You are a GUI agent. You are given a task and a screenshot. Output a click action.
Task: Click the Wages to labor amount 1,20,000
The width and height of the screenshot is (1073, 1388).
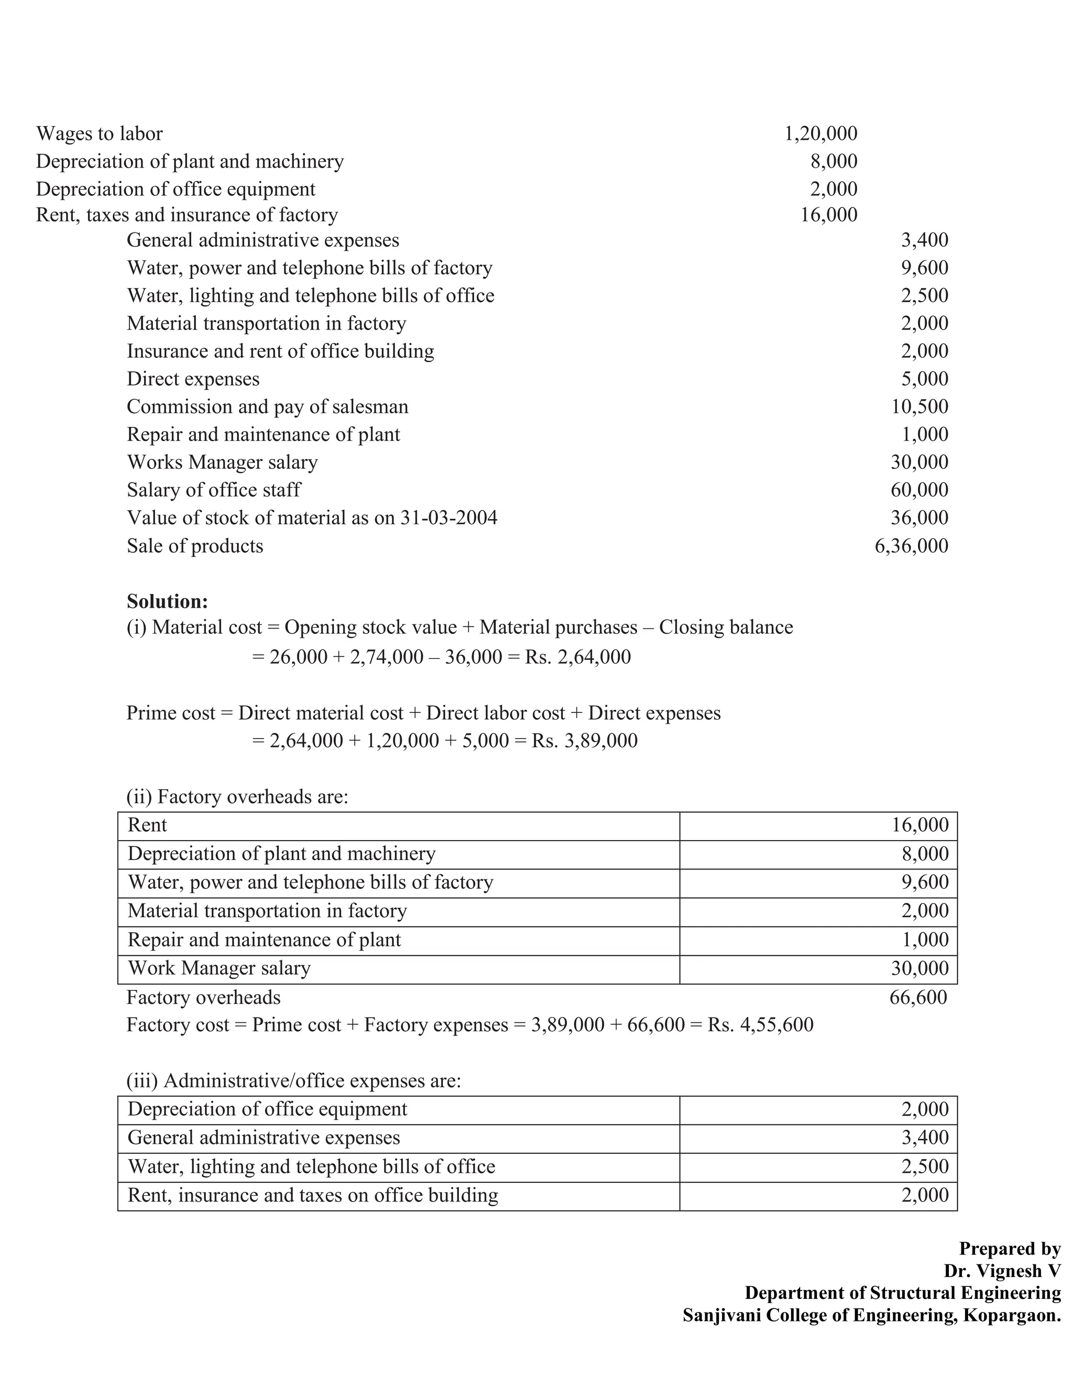pos(820,134)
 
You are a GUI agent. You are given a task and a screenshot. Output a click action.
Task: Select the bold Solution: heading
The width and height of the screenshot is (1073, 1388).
pos(167,601)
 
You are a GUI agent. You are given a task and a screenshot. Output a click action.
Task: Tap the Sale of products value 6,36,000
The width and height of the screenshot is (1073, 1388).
pos(911,546)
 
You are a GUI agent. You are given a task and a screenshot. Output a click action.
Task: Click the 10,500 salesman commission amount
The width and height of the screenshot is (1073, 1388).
pos(919,407)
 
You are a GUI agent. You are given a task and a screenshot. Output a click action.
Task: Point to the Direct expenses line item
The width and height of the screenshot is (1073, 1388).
pos(193,379)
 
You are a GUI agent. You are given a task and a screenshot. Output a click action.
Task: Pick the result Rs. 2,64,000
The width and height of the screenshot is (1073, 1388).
pos(578,656)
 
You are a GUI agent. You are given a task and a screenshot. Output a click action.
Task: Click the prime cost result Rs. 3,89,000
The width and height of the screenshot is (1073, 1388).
pos(584,741)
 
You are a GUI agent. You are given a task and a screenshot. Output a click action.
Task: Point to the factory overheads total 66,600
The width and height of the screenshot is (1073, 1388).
pos(918,997)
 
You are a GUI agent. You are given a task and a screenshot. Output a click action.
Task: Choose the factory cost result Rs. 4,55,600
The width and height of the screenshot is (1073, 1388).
pos(760,1025)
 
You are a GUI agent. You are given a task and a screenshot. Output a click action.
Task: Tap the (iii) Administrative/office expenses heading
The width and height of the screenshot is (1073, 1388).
pos(294,1081)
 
